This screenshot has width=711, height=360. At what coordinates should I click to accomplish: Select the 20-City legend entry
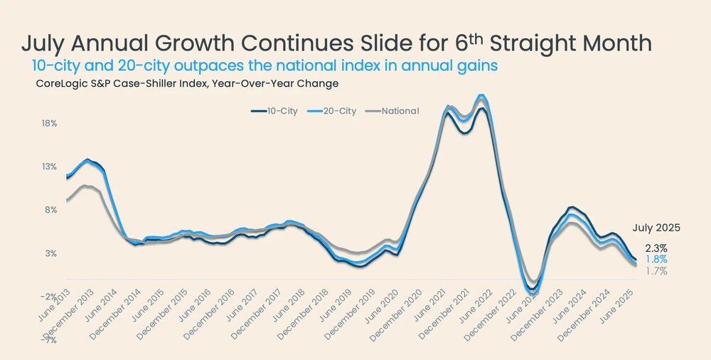(334, 111)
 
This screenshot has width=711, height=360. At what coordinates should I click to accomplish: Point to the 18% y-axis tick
(48, 123)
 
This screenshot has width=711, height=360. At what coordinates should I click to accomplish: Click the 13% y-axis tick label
(48, 166)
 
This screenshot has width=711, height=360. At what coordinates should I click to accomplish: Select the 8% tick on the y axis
(50, 210)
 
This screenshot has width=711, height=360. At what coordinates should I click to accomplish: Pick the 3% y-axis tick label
(50, 253)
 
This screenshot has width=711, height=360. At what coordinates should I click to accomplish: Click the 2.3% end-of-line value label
(656, 248)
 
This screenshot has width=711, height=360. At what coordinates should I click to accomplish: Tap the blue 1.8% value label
(656, 260)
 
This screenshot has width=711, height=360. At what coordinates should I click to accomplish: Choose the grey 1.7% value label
(656, 271)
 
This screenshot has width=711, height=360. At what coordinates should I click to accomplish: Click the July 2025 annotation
(657, 228)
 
